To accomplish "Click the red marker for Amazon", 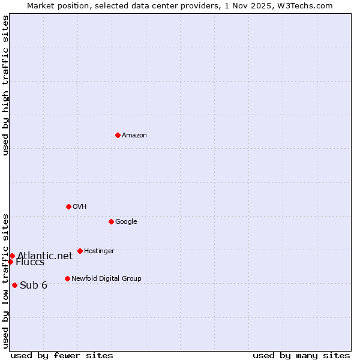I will [118, 135].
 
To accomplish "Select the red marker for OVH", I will [68, 206].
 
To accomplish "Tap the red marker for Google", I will [111, 221].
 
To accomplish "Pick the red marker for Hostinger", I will [80, 251].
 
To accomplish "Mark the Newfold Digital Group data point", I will [67, 278].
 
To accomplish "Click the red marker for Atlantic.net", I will [12, 256].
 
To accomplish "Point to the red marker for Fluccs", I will [10, 262].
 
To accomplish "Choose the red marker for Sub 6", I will [14, 285].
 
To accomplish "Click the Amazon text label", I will [134, 136].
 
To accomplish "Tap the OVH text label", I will [80, 207].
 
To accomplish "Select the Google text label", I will [126, 222].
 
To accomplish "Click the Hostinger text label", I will [99, 251].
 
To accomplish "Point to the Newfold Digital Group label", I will [106, 279].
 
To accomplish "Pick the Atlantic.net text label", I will [45, 256].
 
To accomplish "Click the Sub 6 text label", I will [34, 285].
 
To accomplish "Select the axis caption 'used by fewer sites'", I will [62, 355].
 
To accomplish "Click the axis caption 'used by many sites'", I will [301, 355].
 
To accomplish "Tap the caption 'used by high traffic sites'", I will [5, 85].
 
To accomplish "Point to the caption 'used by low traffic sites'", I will [5, 280].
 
